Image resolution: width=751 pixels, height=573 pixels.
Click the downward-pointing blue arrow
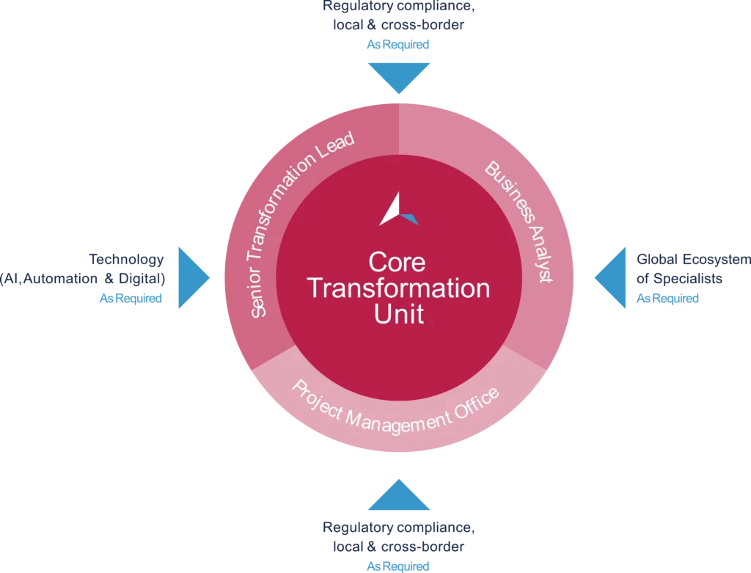[x=399, y=76]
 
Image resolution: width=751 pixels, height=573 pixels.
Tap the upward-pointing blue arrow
[x=399, y=496]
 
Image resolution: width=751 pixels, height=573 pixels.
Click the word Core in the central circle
[x=397, y=262]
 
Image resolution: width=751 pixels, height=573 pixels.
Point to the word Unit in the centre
[x=399, y=314]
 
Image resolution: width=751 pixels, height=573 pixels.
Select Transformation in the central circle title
[x=399, y=288]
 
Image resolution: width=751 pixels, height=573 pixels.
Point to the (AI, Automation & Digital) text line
[x=84, y=280]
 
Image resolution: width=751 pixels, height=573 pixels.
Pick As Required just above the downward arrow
[x=398, y=45]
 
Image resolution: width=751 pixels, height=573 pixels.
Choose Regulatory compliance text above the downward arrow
[x=398, y=9]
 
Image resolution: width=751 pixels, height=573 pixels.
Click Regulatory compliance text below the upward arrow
[x=398, y=528]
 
